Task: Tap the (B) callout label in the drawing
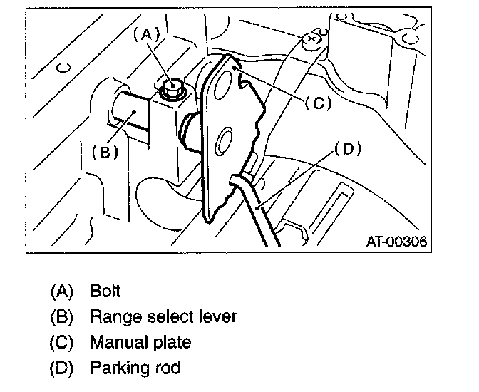[x=105, y=152]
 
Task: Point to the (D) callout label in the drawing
[x=348, y=149]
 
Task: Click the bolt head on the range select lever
[x=171, y=88]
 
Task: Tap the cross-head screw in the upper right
[x=310, y=41]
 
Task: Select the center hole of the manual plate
[x=222, y=140]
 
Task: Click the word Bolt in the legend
[x=105, y=291]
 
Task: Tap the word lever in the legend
[x=217, y=316]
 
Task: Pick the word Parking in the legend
[x=116, y=368]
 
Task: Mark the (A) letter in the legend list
[x=62, y=291]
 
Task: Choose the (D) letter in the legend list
[x=62, y=368]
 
